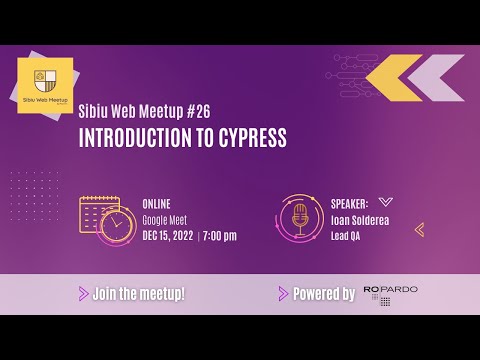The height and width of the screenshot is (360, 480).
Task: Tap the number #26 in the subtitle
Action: click(x=195, y=111)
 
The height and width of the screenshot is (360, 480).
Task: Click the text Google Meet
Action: click(x=165, y=219)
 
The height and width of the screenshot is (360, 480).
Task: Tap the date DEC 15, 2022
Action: click(x=168, y=236)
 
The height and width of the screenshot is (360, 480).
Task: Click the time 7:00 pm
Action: click(x=220, y=236)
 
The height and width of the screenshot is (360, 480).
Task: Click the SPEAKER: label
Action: click(x=349, y=203)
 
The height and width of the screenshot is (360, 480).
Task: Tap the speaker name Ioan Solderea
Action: click(x=361, y=219)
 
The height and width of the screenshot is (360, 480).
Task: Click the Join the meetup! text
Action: click(x=139, y=294)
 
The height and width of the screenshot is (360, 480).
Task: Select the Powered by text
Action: click(x=323, y=294)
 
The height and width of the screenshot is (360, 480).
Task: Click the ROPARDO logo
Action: click(x=390, y=294)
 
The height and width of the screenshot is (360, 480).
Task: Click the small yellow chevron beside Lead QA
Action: click(x=419, y=229)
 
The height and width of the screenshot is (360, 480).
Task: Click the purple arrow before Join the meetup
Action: click(x=83, y=294)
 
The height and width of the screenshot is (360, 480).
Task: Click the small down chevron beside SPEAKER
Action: click(x=386, y=202)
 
